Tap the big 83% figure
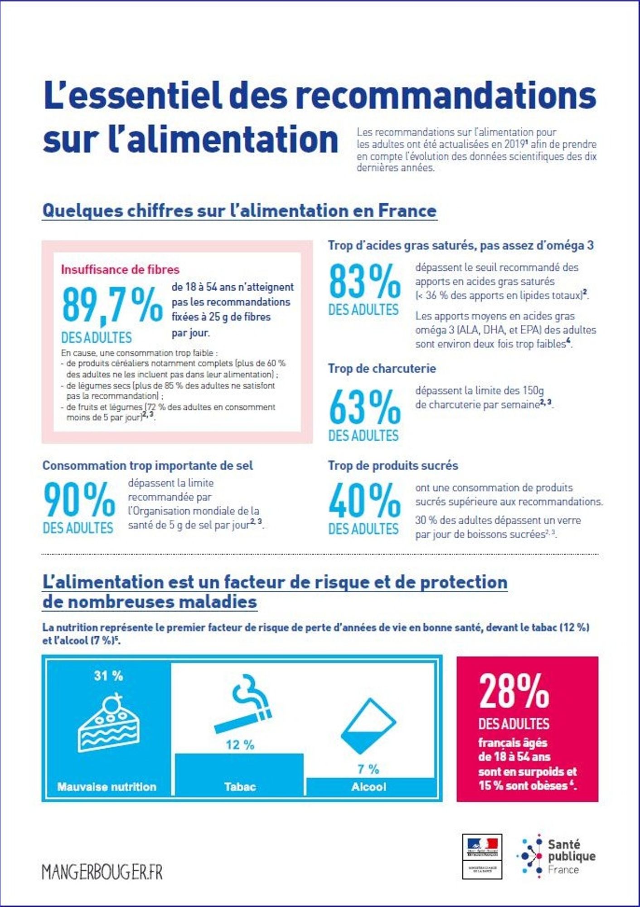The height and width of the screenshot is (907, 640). (364, 282)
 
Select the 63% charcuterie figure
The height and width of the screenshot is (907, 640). (364, 407)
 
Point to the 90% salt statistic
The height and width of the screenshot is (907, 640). (79, 499)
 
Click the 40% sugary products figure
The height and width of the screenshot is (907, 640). (364, 500)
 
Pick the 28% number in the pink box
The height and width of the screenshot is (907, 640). (514, 691)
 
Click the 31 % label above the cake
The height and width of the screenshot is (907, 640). (108, 676)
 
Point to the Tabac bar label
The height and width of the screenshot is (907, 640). (240, 786)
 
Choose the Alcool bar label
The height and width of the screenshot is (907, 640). (368, 786)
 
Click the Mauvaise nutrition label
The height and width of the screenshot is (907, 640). (107, 786)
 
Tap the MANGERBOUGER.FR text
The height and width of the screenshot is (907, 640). (102, 872)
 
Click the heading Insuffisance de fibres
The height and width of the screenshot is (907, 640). (120, 269)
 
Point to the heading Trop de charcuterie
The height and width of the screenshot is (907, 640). (382, 368)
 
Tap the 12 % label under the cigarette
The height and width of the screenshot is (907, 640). (240, 745)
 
